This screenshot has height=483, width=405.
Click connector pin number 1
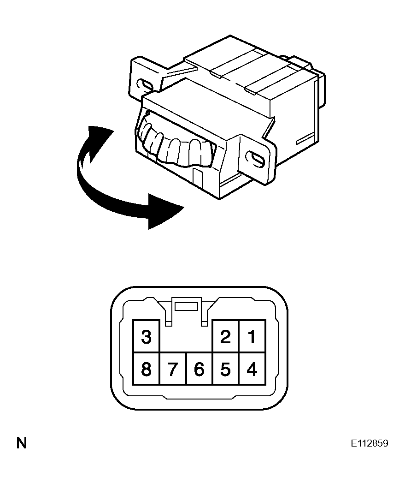[x=252, y=336]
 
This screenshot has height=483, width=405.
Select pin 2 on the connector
[x=226, y=336]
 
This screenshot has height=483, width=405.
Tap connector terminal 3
[x=147, y=336]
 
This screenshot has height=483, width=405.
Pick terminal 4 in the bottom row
[x=252, y=369]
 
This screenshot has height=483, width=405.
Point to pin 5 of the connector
[x=226, y=369]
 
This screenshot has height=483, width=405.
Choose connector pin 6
[x=200, y=369]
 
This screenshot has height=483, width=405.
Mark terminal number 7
[x=173, y=369]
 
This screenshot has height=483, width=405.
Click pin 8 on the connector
[x=147, y=369]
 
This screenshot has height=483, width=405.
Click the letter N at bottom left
[x=22, y=443]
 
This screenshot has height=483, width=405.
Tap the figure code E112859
[x=370, y=443]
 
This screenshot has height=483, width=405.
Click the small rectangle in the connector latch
[x=186, y=306]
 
